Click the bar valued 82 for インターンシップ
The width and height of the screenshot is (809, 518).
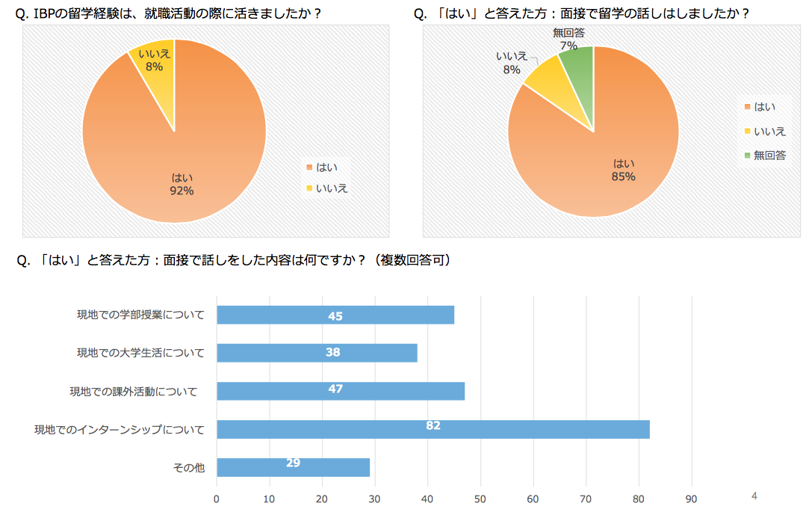coord(433,429)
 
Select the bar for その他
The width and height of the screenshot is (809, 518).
coord(293,467)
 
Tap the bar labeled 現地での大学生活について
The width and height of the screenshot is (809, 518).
coord(317,353)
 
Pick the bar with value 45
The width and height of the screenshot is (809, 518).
coord(335,315)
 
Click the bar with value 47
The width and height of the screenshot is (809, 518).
coord(340,391)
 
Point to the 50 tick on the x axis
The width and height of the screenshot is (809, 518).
coord(480,499)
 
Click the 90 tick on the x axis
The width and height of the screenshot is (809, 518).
coord(692,499)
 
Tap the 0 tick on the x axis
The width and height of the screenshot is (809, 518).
coord(217,499)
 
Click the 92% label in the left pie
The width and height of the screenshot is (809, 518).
coord(182,191)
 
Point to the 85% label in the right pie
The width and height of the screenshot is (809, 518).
coord(623,176)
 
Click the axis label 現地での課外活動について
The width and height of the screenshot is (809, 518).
coord(134,391)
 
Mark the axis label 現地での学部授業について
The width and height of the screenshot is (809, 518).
coord(140,315)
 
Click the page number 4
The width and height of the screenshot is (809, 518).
coord(754,496)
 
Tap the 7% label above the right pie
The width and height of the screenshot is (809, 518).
coord(568,46)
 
